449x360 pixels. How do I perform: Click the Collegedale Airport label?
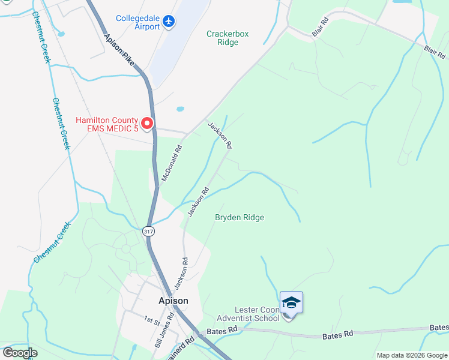click(x=139, y=22)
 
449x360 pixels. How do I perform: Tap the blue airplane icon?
click(x=169, y=22)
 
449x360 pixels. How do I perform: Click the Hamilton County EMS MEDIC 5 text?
click(x=107, y=124)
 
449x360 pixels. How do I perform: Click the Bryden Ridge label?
click(x=240, y=217)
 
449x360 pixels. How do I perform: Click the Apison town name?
click(x=173, y=301)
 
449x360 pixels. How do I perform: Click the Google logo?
click(x=20, y=352)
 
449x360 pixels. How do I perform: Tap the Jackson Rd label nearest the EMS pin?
click(x=220, y=136)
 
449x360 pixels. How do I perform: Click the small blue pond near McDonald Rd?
click(x=180, y=109)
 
